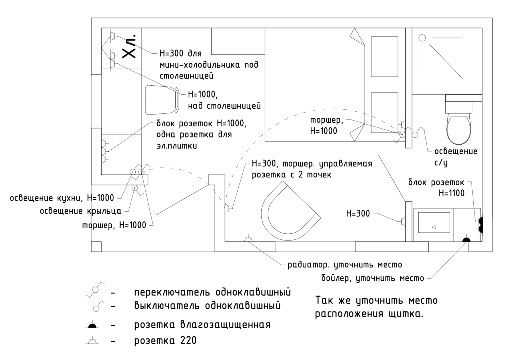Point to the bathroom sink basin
point(434,224)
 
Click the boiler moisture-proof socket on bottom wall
point(466,239)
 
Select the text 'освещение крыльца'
point(80,211)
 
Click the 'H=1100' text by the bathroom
point(451,193)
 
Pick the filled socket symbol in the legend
point(92,325)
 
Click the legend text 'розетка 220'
point(165,341)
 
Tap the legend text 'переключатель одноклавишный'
point(212,292)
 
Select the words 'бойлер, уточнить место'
point(373,278)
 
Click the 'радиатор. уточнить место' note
point(345,265)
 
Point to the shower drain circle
point(422,38)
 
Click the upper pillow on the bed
point(384,57)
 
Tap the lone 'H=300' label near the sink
point(358,213)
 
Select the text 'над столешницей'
point(224,106)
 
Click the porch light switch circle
point(134,187)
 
